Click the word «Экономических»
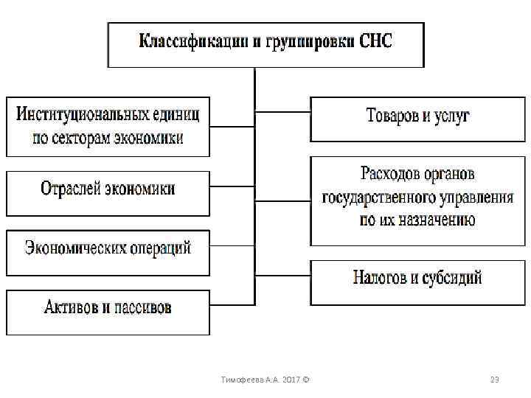[79, 247]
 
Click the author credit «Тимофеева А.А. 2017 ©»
[265, 380]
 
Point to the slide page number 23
[495, 380]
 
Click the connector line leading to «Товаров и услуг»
[282, 112]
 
